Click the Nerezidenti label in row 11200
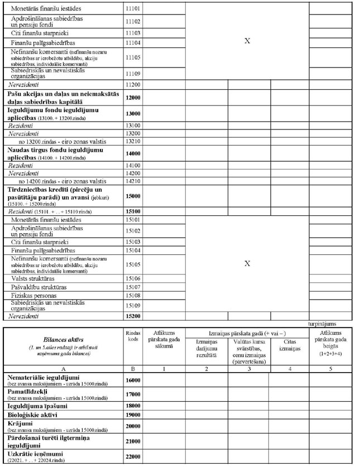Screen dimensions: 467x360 pos(23,84)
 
